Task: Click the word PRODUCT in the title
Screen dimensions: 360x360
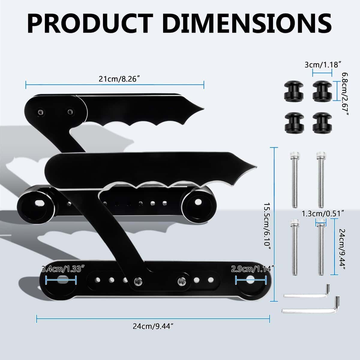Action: pyautogui.click(x=93, y=23)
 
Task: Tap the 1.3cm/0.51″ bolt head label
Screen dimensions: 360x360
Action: pyautogui.click(x=322, y=213)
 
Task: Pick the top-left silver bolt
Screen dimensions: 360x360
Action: pyautogui.click(x=293, y=180)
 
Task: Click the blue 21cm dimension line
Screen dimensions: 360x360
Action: pyautogui.click(x=115, y=85)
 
